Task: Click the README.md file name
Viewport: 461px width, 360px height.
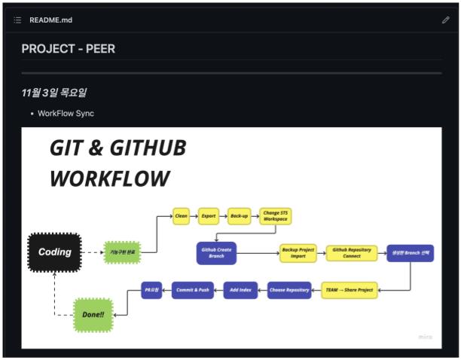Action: [x=50, y=20]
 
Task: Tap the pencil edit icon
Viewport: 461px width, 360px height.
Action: [x=445, y=20]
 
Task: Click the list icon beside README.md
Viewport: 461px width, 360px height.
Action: [x=17, y=20]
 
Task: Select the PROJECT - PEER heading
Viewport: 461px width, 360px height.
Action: [x=69, y=49]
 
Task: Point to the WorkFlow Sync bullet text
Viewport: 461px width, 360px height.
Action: [x=66, y=113]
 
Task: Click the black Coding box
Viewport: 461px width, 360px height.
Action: [x=54, y=252]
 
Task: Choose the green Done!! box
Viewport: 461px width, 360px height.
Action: [x=94, y=315]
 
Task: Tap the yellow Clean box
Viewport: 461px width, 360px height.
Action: [x=181, y=215]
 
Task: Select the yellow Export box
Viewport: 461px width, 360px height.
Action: [x=209, y=215]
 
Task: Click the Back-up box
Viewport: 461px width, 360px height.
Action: [x=239, y=215]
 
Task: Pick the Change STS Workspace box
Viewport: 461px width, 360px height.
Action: [x=275, y=216]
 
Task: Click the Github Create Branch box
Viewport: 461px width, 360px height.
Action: [x=216, y=253]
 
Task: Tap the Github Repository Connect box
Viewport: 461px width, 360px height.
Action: [x=352, y=252]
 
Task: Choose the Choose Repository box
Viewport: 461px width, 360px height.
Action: [x=289, y=289]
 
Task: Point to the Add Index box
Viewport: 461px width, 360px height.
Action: [x=240, y=289]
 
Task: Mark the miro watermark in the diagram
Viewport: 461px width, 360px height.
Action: [x=426, y=337]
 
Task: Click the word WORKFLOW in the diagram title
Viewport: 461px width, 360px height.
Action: [x=110, y=178]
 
